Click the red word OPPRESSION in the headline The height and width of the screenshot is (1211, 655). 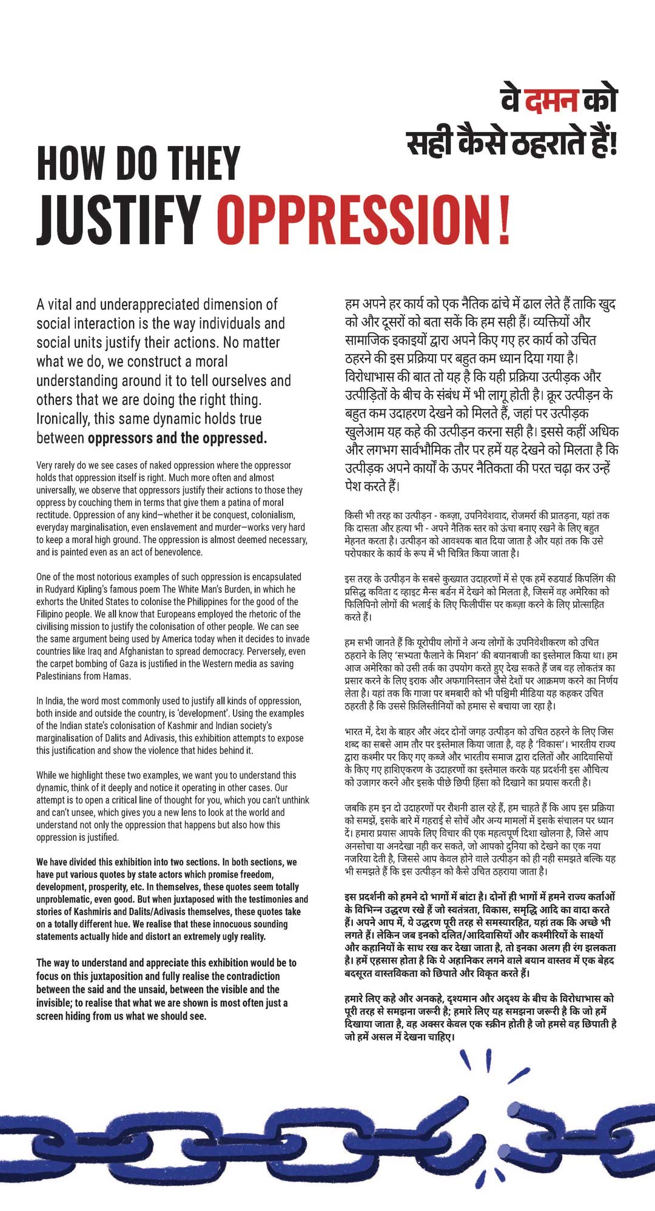click(x=355, y=219)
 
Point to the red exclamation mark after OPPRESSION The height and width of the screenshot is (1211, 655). click(x=505, y=219)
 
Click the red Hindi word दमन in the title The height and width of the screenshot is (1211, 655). click(x=551, y=101)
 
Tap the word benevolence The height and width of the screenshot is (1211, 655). click(x=175, y=552)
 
